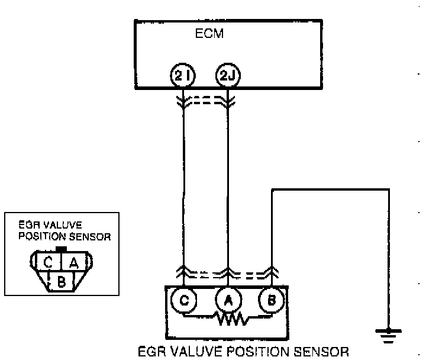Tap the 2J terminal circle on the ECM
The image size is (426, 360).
coord(227,75)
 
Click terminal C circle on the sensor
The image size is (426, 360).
coord(184,300)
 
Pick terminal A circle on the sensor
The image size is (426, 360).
coord(227,300)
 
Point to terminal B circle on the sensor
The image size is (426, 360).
coord(271,300)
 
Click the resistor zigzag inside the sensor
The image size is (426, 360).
coord(227,320)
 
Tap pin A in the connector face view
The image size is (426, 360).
coord(73,261)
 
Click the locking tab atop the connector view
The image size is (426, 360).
coord(60,249)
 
